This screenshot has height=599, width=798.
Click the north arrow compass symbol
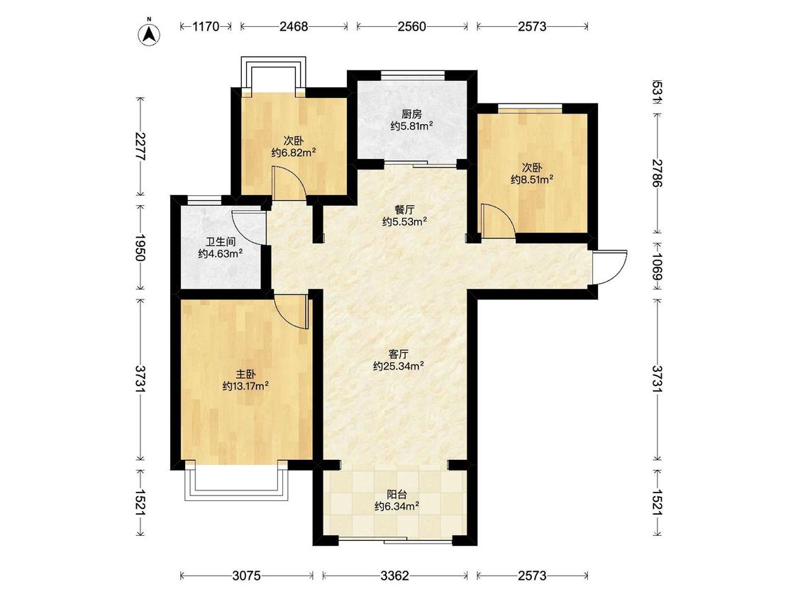click(150, 33)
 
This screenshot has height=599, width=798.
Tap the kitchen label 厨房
click(411, 114)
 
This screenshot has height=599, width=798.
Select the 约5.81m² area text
click(411, 126)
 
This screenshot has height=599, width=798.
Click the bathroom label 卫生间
click(221, 242)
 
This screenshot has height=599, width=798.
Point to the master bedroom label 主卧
click(246, 375)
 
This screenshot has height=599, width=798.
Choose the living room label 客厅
click(399, 355)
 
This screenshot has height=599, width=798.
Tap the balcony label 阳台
click(397, 495)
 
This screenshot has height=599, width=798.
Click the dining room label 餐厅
click(404, 210)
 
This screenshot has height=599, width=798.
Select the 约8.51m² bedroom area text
click(532, 179)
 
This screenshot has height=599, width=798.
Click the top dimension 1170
click(206, 26)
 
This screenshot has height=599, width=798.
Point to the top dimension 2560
click(411, 26)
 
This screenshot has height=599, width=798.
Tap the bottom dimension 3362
click(395, 576)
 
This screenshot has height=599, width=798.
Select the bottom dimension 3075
click(246, 576)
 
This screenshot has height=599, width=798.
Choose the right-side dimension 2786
click(658, 173)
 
